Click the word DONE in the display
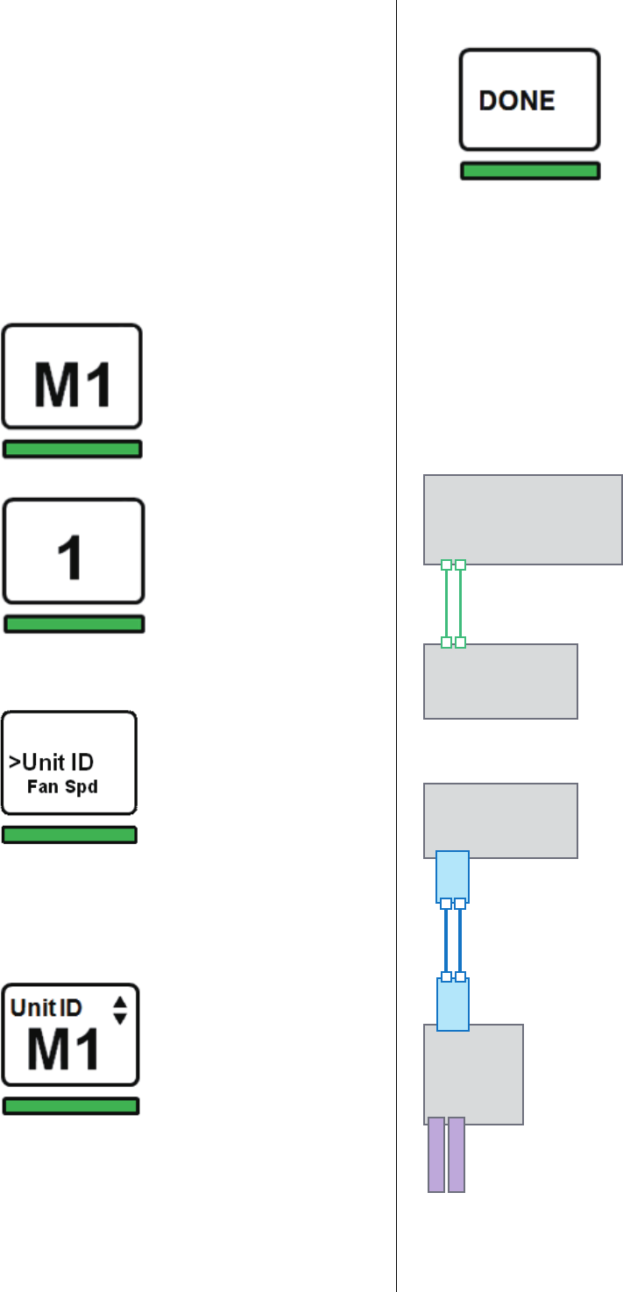pyautogui.click(x=517, y=101)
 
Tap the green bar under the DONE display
pyautogui.click(x=530, y=172)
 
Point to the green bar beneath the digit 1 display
pyautogui.click(x=74, y=624)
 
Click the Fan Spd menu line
pyautogui.click(x=62, y=786)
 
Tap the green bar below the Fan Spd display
pyautogui.click(x=69, y=835)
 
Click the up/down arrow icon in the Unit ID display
pyautogui.click(x=120, y=1011)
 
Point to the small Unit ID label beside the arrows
pyautogui.click(x=46, y=1007)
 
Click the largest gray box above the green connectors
pyautogui.click(x=523, y=519)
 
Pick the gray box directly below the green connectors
pyautogui.click(x=500, y=681)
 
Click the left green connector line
pyautogui.click(x=446, y=604)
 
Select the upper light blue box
pyautogui.click(x=452, y=876)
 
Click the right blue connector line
pyautogui.click(x=460, y=940)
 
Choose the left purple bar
pyautogui.click(x=436, y=1154)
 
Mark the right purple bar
pyautogui.click(x=456, y=1154)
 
